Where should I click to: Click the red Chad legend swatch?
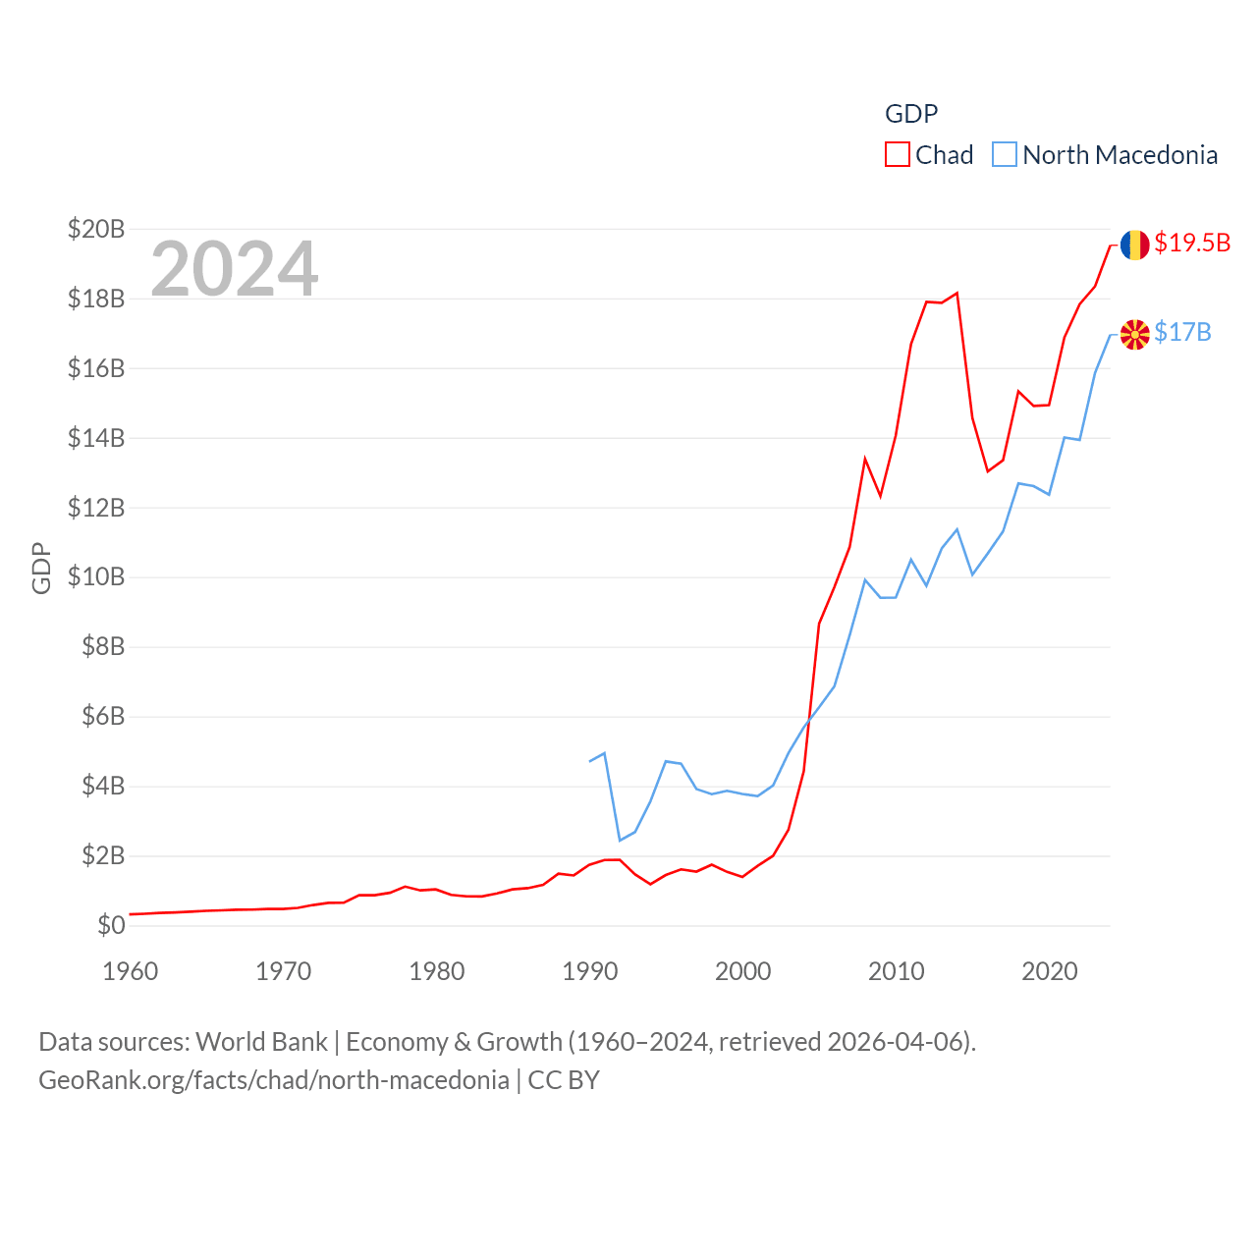(898, 155)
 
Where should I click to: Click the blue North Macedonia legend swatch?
(1004, 155)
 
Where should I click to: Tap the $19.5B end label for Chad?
(1192, 243)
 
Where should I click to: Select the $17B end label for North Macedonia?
(1182, 333)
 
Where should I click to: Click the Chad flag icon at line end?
(1135, 245)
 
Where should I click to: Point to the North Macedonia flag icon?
(1135, 335)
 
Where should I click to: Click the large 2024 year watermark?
(235, 268)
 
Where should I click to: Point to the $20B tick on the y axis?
(96, 229)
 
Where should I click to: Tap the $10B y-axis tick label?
(96, 576)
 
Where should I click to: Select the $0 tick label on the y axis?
(111, 925)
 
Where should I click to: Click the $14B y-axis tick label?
(96, 438)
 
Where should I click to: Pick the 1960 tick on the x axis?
(131, 971)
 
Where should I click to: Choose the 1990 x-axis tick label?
(590, 971)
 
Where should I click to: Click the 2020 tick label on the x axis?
(1050, 971)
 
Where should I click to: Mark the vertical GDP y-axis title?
(41, 568)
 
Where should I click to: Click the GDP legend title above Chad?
(911, 114)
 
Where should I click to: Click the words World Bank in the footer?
(262, 1041)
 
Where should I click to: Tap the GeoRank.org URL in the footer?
(274, 1080)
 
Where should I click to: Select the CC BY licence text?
(564, 1080)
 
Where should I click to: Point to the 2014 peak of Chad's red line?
(956, 293)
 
